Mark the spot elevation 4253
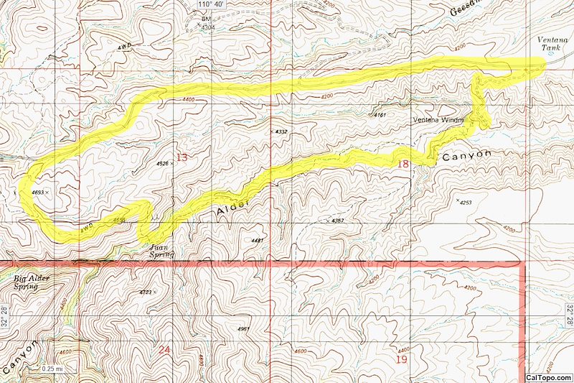pyautogui.click(x=466, y=203)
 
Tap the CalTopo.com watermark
pyautogui.click(x=549, y=377)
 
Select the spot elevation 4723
pyautogui.click(x=148, y=292)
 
